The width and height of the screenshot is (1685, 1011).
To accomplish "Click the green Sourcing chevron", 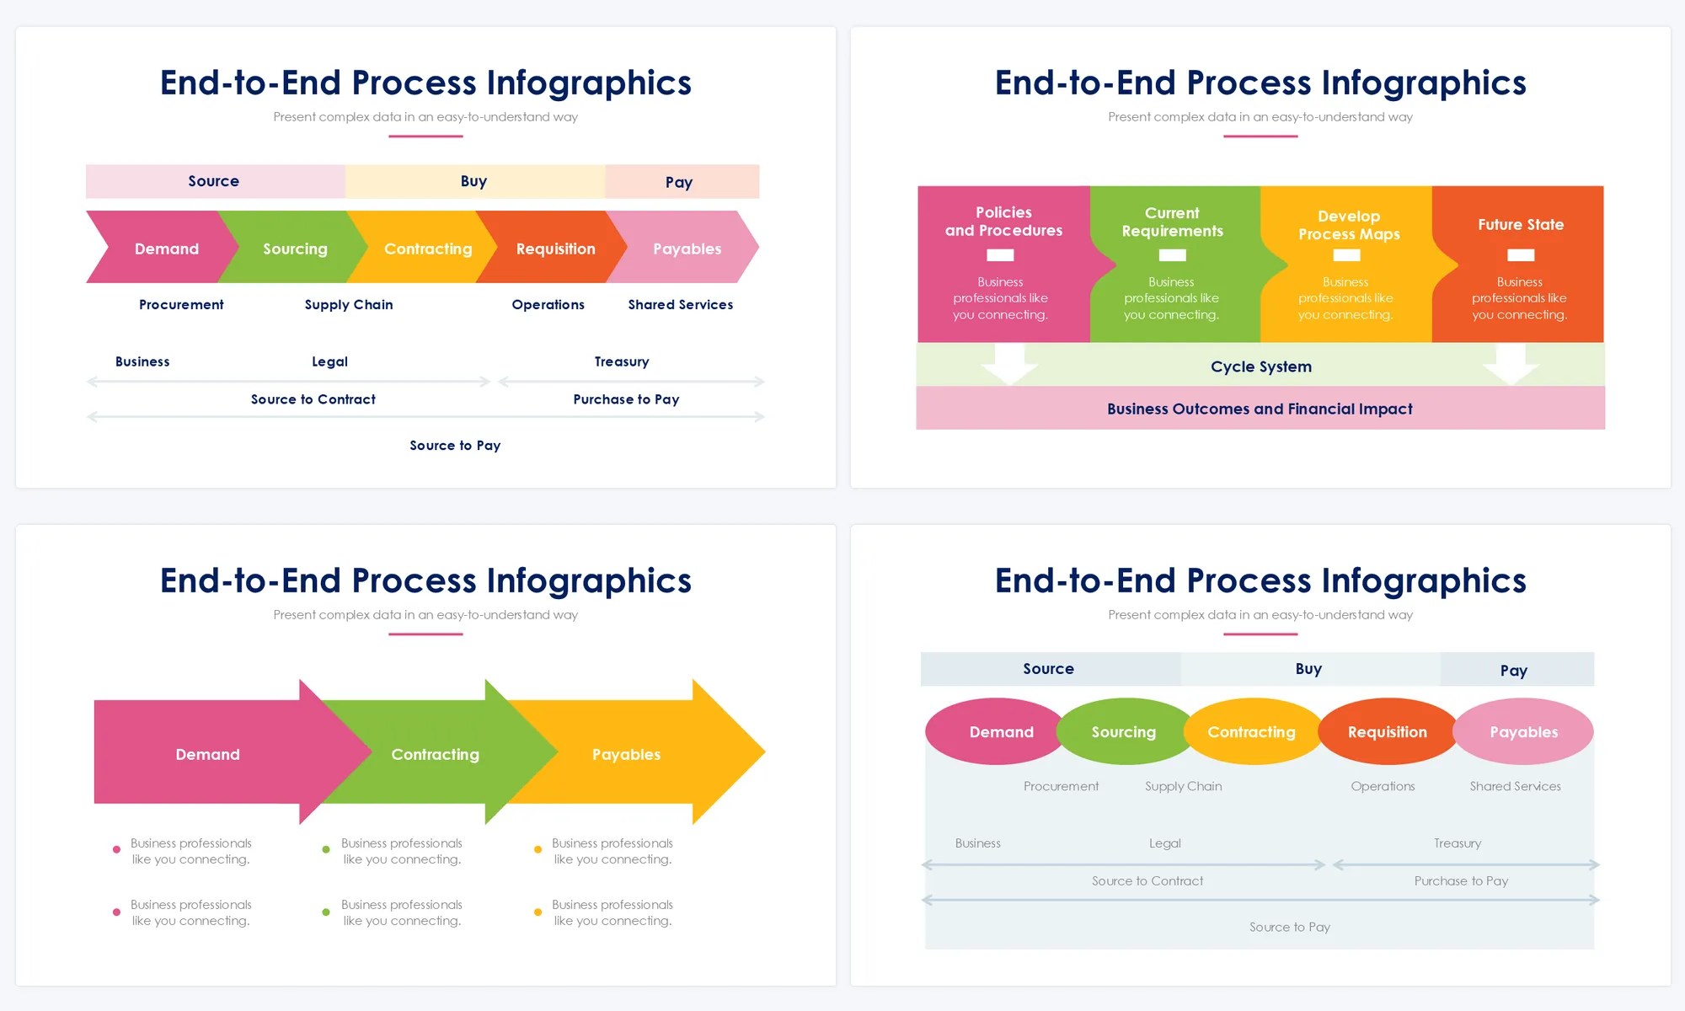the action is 294,249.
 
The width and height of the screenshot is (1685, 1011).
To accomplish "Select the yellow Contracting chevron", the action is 426,249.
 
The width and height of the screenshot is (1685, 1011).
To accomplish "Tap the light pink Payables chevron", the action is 687,249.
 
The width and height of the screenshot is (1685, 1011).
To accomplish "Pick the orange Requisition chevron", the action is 555,249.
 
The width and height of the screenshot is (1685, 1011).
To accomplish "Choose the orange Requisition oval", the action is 1387,732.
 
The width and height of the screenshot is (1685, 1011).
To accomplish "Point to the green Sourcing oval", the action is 1123,732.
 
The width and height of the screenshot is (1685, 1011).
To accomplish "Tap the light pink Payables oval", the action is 1523,732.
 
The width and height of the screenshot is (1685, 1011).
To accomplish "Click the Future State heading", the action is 1520,225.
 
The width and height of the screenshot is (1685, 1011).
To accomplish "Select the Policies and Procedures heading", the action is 1003,222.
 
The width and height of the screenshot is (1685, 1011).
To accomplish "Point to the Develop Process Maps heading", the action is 1348,225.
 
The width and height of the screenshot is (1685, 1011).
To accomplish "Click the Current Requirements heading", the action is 1172,222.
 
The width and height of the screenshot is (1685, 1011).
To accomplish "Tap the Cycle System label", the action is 1260,366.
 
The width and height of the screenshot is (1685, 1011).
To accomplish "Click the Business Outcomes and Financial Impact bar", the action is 1260,409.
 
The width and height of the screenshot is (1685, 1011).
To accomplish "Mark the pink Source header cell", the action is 214,181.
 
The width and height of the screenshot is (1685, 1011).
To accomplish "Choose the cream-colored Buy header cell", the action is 473,181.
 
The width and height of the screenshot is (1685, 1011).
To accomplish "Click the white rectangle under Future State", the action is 1520,255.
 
